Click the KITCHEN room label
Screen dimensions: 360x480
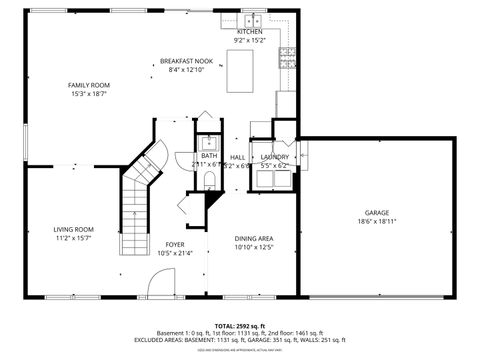coord(250,32)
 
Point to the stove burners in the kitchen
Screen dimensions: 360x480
coord(289,59)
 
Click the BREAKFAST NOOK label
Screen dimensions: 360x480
coord(186,61)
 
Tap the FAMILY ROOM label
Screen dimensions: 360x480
coord(88,85)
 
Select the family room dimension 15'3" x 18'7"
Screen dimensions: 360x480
coord(88,94)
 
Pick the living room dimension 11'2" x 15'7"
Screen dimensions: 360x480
coord(73,239)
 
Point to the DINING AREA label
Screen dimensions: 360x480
coord(254,238)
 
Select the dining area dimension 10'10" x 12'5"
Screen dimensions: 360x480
coord(254,247)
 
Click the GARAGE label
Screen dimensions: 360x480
coord(376,212)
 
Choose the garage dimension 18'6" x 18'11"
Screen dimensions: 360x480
coord(376,221)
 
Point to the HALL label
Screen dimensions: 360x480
coord(238,157)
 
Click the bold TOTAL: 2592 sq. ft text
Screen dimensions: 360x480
coord(239,326)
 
